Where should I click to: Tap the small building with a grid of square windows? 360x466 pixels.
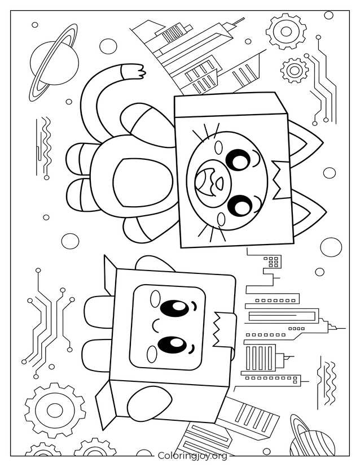[273, 262]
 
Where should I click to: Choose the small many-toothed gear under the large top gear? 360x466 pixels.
[294, 70]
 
